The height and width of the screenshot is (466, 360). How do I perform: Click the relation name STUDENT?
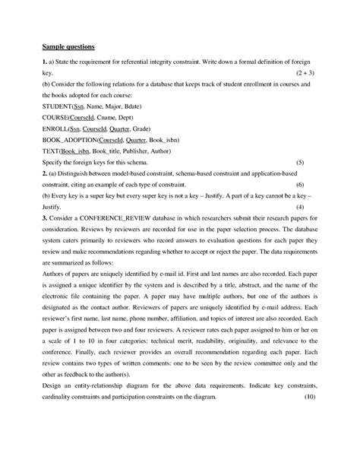56,109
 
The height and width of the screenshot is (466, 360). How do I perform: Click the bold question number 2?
44,173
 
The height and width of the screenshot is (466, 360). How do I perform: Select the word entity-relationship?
104,386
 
